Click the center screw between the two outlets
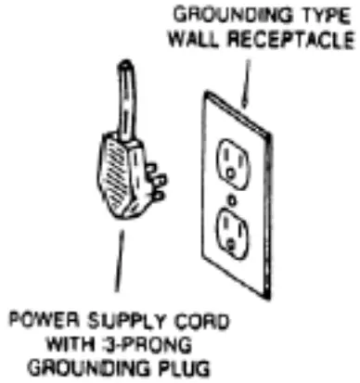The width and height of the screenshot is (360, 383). pyautogui.click(x=229, y=196)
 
